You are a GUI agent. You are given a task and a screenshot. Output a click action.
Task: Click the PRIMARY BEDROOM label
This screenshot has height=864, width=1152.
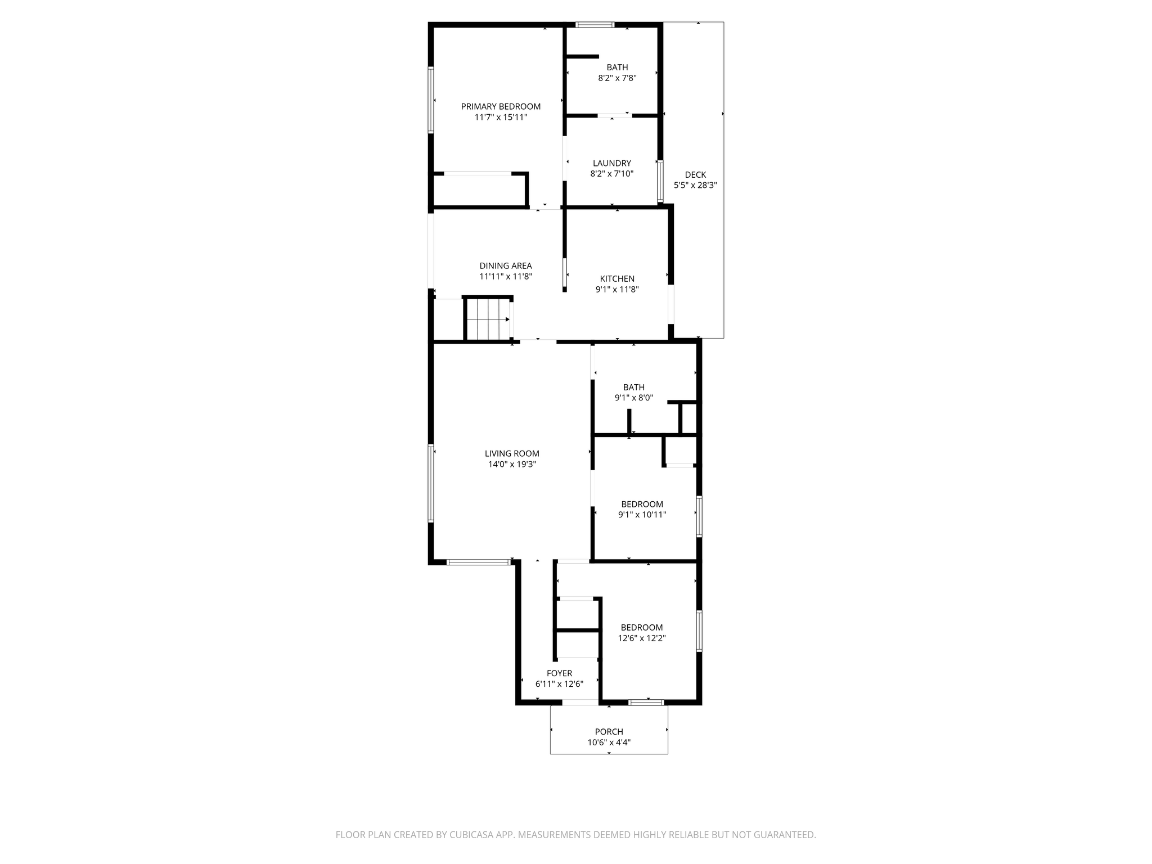click(501, 106)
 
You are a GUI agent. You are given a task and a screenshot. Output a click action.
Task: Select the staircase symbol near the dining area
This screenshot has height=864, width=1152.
click(487, 319)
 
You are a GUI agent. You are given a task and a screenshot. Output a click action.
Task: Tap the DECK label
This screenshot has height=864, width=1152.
click(695, 174)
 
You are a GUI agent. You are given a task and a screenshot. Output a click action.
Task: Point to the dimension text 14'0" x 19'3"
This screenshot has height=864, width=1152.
click(512, 464)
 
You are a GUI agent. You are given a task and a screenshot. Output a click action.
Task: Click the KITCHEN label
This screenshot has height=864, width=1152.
click(617, 278)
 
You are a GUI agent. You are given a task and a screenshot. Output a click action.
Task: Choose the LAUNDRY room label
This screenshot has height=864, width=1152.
click(612, 163)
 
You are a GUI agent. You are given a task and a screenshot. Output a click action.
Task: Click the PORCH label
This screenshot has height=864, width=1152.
click(609, 731)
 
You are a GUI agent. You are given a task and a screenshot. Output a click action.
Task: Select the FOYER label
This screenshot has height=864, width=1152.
click(559, 673)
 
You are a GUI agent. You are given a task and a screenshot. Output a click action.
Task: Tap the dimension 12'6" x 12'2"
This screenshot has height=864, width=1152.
click(642, 638)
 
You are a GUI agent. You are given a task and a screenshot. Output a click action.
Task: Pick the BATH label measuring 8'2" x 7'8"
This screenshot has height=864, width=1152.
click(617, 67)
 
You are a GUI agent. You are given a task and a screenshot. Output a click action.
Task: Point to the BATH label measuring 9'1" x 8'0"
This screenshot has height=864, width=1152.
click(633, 387)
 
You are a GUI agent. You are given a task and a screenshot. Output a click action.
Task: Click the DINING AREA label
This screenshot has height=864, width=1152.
click(505, 265)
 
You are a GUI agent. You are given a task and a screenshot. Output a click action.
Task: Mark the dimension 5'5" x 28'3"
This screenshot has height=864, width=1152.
click(695, 185)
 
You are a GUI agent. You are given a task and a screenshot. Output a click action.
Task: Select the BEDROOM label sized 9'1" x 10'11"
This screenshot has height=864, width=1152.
click(642, 504)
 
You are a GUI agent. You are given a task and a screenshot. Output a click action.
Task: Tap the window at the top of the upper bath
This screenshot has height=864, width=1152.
click(595, 25)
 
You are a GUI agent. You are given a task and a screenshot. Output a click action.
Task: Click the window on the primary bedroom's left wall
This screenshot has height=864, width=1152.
click(431, 100)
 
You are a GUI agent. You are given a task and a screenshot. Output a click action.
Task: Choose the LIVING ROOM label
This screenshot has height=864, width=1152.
click(512, 453)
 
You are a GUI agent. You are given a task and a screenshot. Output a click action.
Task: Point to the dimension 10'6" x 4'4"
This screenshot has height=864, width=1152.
click(609, 742)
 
